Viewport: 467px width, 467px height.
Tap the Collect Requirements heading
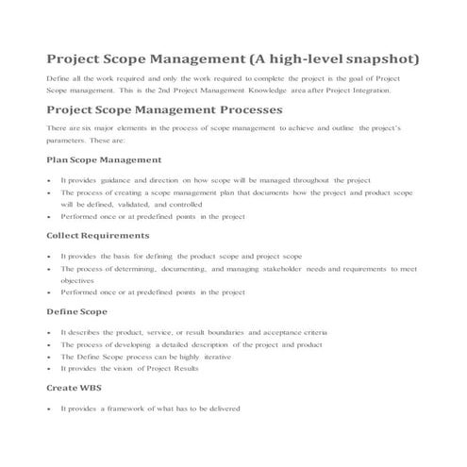(97, 235)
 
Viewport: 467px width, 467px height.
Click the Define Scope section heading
(76, 310)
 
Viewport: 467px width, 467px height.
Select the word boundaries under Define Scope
(219, 333)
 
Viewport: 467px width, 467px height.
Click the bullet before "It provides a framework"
(47, 409)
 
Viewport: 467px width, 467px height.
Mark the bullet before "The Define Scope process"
(47, 358)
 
